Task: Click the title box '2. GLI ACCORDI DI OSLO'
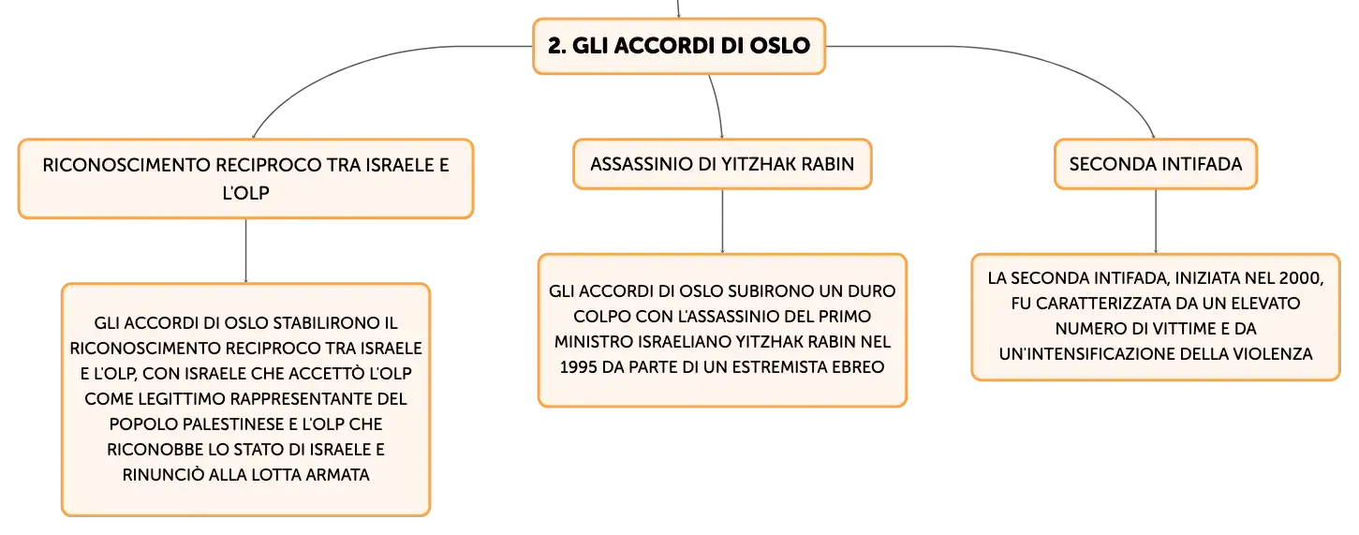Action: pyautogui.click(x=679, y=46)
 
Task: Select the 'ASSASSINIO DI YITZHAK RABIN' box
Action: pyautogui.click(x=722, y=164)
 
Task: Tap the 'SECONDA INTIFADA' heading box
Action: pyautogui.click(x=1155, y=164)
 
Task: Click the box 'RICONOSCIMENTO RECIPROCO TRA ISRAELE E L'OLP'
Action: pyautogui.click(x=245, y=179)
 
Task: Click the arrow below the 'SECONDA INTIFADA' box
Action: pyautogui.click(x=1155, y=222)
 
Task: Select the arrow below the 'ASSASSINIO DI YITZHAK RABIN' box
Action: pyautogui.click(x=722, y=222)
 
